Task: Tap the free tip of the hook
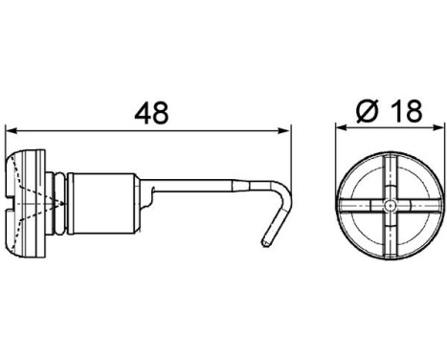click(264, 247)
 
